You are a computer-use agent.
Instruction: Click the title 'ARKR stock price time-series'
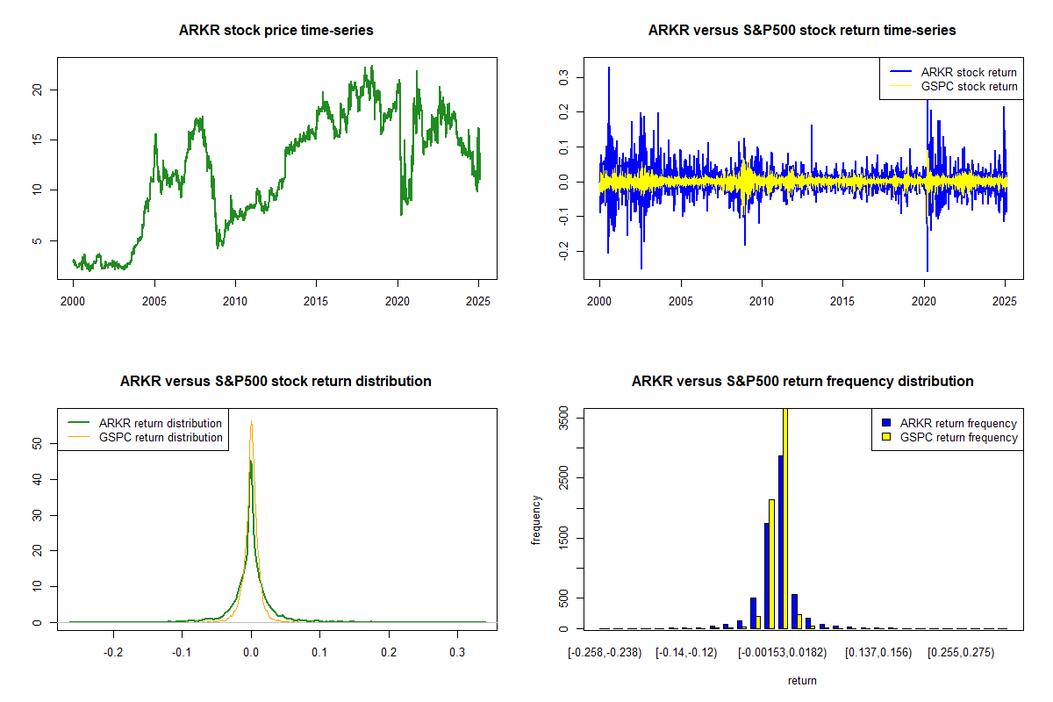(x=276, y=31)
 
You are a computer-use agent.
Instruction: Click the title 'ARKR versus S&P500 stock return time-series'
(x=802, y=31)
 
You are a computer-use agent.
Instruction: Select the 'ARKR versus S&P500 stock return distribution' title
(x=276, y=382)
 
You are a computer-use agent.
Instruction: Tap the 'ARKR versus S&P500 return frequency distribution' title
(x=802, y=382)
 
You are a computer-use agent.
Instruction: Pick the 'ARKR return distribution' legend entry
(x=161, y=423)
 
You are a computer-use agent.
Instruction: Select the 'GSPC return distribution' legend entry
(x=161, y=437)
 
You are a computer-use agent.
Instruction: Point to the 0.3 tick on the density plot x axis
(x=457, y=653)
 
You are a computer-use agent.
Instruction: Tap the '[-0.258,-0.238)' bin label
(x=605, y=653)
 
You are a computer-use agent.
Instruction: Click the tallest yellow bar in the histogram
(x=785, y=518)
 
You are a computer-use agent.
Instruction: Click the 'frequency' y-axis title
(x=536, y=520)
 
